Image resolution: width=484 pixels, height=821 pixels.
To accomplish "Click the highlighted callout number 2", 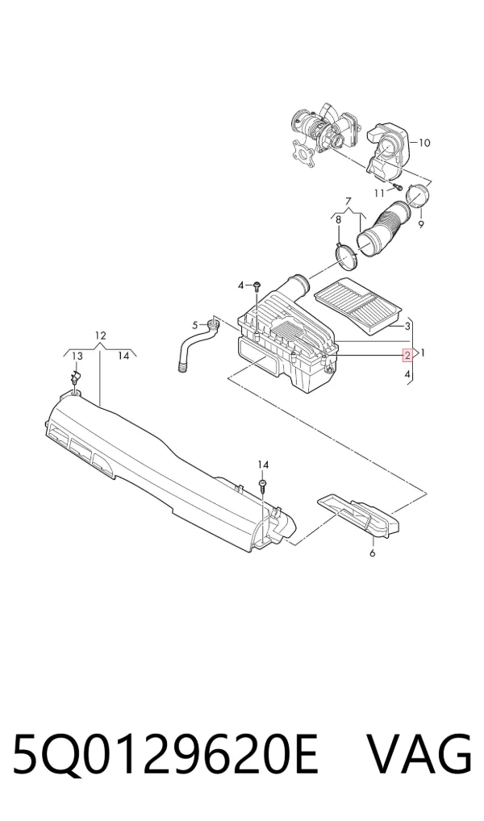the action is [x=407, y=356].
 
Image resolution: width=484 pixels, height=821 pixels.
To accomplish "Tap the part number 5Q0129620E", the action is [x=165, y=753].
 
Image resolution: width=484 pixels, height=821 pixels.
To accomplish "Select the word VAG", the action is [x=419, y=753].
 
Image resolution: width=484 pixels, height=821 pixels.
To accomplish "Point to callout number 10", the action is [x=423, y=143].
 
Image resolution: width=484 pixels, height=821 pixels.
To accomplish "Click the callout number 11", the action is [x=379, y=194].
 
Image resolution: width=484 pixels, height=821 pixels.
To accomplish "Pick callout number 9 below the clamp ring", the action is [x=420, y=225].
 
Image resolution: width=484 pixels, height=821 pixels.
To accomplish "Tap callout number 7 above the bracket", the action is [x=347, y=201].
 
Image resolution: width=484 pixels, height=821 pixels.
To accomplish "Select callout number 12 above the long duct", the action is [x=101, y=335].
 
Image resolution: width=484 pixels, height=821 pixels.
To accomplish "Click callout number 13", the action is [x=77, y=356].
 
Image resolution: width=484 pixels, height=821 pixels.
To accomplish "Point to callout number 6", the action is [x=373, y=553].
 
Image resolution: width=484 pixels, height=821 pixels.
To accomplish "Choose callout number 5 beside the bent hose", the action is [x=195, y=325].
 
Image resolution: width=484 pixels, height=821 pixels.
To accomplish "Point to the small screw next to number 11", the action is [x=397, y=186].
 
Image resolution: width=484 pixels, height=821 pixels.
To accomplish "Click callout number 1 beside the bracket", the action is [x=422, y=353].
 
